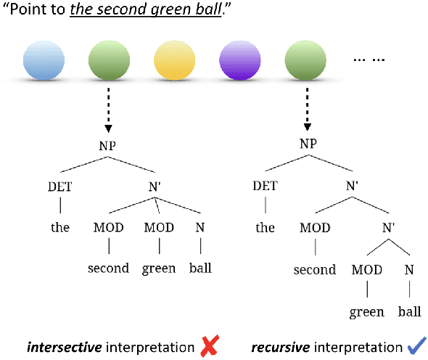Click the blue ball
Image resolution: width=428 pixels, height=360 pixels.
44,60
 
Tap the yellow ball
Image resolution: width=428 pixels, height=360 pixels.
175,60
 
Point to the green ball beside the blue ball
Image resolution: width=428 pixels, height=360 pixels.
109,60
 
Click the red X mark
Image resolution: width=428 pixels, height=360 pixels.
209,348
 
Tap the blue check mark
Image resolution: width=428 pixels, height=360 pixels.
416,347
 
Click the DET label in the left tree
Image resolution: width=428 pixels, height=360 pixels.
60,187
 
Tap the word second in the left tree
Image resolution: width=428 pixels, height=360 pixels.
108,268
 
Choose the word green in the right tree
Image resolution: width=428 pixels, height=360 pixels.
366,312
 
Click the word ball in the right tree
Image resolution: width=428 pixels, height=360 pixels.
409,312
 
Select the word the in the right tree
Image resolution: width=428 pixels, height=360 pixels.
265,227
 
